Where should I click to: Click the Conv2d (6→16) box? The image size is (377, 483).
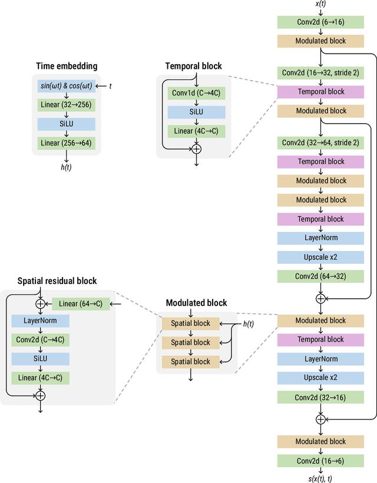click(321, 22)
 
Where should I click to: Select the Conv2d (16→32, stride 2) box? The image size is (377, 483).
click(321, 72)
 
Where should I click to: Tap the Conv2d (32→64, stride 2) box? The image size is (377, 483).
click(321, 143)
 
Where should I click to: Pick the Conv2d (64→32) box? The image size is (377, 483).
click(321, 276)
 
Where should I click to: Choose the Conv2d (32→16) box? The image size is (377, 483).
click(321, 398)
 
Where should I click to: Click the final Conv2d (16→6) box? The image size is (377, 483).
click(321, 461)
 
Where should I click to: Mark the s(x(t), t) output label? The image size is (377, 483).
click(321, 478)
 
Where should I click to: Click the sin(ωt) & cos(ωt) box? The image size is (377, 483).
click(66, 86)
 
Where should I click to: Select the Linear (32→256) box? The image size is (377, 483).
click(66, 105)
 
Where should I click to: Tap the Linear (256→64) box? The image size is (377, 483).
click(66, 143)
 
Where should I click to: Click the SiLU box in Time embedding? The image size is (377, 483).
click(66, 124)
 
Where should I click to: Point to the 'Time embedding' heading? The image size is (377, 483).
click(67, 66)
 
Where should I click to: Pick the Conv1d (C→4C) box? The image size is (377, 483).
click(197, 93)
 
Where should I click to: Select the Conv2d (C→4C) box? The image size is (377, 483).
click(40, 340)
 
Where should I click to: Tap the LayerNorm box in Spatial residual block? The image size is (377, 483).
click(40, 320)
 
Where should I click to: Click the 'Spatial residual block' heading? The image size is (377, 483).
click(57, 281)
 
